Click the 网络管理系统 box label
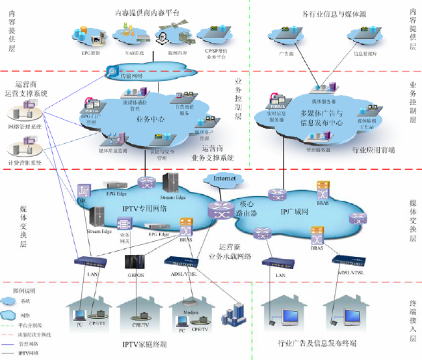tap(25, 126)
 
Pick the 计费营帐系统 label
tap(25, 163)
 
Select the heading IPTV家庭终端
tap(144, 345)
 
